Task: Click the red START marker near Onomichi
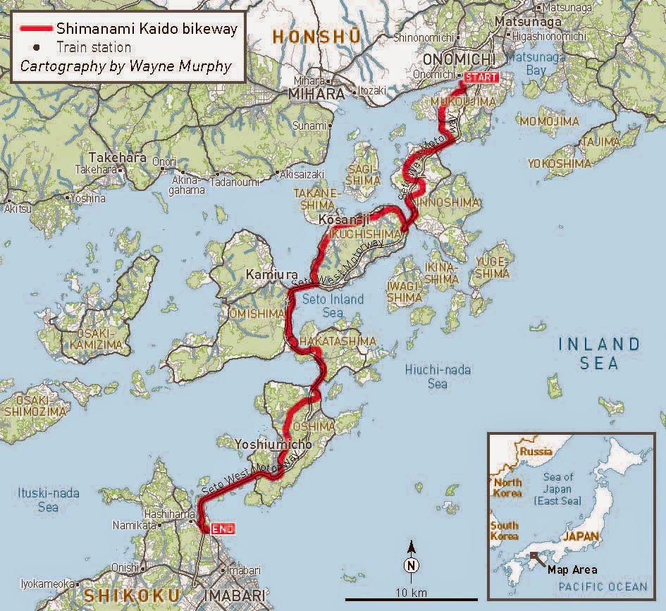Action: pos(482,78)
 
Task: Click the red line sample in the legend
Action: pos(35,30)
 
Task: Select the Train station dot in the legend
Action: pos(36,48)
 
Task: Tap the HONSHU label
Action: pos(316,36)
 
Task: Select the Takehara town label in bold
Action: pos(116,159)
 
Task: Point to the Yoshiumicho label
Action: pos(274,445)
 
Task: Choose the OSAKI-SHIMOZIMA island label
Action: pos(35,405)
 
